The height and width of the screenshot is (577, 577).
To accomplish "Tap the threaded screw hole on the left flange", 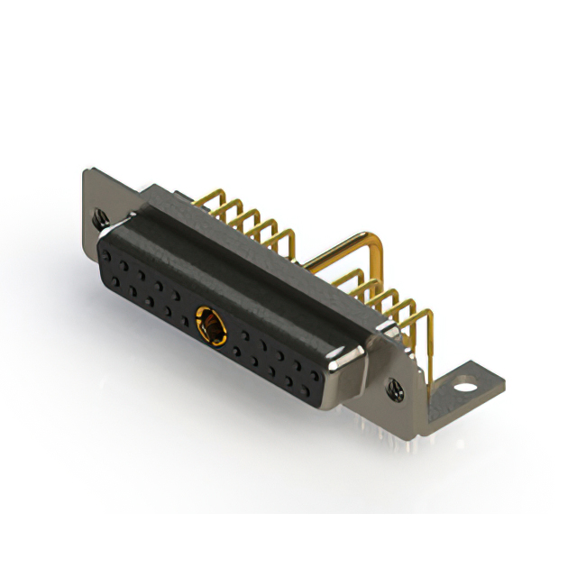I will pyautogui.click(x=101, y=217).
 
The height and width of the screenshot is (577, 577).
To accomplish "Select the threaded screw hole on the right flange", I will pyautogui.click(x=394, y=389).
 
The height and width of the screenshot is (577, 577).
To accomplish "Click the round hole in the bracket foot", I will pyautogui.click(x=463, y=383).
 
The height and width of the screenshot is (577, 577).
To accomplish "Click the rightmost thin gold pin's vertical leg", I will pyautogui.click(x=428, y=343).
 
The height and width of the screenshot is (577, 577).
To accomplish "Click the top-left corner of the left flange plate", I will pyautogui.click(x=87, y=170).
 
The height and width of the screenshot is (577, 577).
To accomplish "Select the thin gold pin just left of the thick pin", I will pyautogui.click(x=292, y=240).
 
